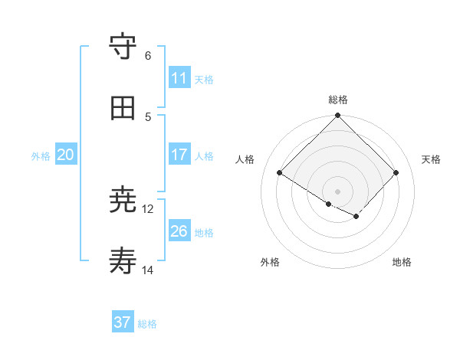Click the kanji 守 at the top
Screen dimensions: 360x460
click(123, 47)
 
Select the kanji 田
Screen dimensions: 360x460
click(123, 108)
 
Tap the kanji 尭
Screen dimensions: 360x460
click(123, 201)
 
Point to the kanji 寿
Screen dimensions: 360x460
click(123, 262)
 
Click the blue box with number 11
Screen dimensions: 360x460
click(179, 78)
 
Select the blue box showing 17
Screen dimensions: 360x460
click(179, 155)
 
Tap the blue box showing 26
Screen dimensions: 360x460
click(179, 231)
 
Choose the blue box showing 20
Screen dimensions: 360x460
click(66, 155)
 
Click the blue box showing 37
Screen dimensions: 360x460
click(123, 322)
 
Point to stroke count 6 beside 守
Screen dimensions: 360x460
click(148, 55)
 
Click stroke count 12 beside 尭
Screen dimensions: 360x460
click(148, 208)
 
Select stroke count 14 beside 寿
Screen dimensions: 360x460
click(148, 270)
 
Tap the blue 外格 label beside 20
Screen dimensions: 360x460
click(41, 156)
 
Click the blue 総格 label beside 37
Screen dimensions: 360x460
click(147, 324)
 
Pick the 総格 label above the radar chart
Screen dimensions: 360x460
click(337, 100)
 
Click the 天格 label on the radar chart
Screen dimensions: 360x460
click(431, 159)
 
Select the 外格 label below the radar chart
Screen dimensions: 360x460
click(270, 262)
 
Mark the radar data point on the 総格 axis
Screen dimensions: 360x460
click(337, 116)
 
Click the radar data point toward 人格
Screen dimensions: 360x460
click(280, 173)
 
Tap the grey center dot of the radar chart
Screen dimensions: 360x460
click(337, 191)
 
